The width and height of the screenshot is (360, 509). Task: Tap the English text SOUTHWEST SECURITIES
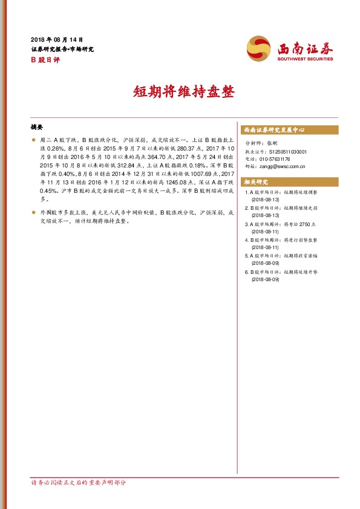click(x=305, y=59)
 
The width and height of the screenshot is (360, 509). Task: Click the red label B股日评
click(x=42, y=59)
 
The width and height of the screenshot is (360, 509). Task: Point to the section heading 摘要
click(x=37, y=128)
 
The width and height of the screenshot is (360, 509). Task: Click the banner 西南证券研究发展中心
click(x=273, y=130)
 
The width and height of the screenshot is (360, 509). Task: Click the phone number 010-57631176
click(x=275, y=158)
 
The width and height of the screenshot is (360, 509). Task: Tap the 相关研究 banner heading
click(x=256, y=182)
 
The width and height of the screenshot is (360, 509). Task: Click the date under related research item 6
click(x=265, y=279)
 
